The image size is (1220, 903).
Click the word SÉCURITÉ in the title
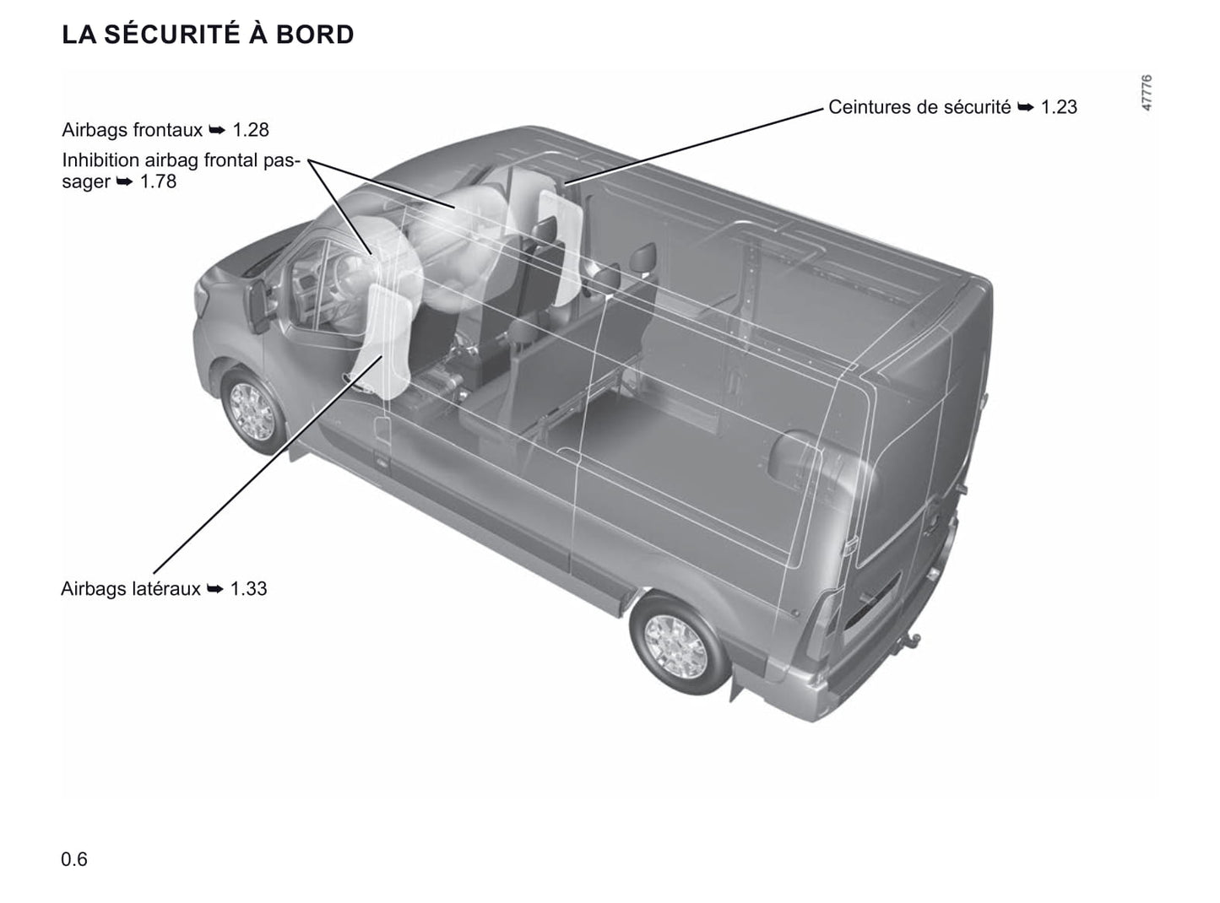click(171, 34)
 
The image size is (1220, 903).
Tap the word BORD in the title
click(315, 35)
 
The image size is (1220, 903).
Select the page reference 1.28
click(251, 130)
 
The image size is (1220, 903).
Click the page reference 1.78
click(159, 181)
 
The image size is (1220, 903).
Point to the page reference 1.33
click(248, 588)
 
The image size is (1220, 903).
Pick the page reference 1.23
click(1059, 106)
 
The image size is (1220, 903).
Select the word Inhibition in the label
click(100, 160)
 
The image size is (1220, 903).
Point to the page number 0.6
click(74, 859)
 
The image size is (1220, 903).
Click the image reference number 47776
click(1147, 93)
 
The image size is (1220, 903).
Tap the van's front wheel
click(252, 411)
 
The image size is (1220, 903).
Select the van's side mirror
click(258, 306)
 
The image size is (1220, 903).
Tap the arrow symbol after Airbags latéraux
click(215, 589)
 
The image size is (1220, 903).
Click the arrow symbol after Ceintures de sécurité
click(1026, 107)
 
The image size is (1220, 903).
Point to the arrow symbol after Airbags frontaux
click(218, 130)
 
